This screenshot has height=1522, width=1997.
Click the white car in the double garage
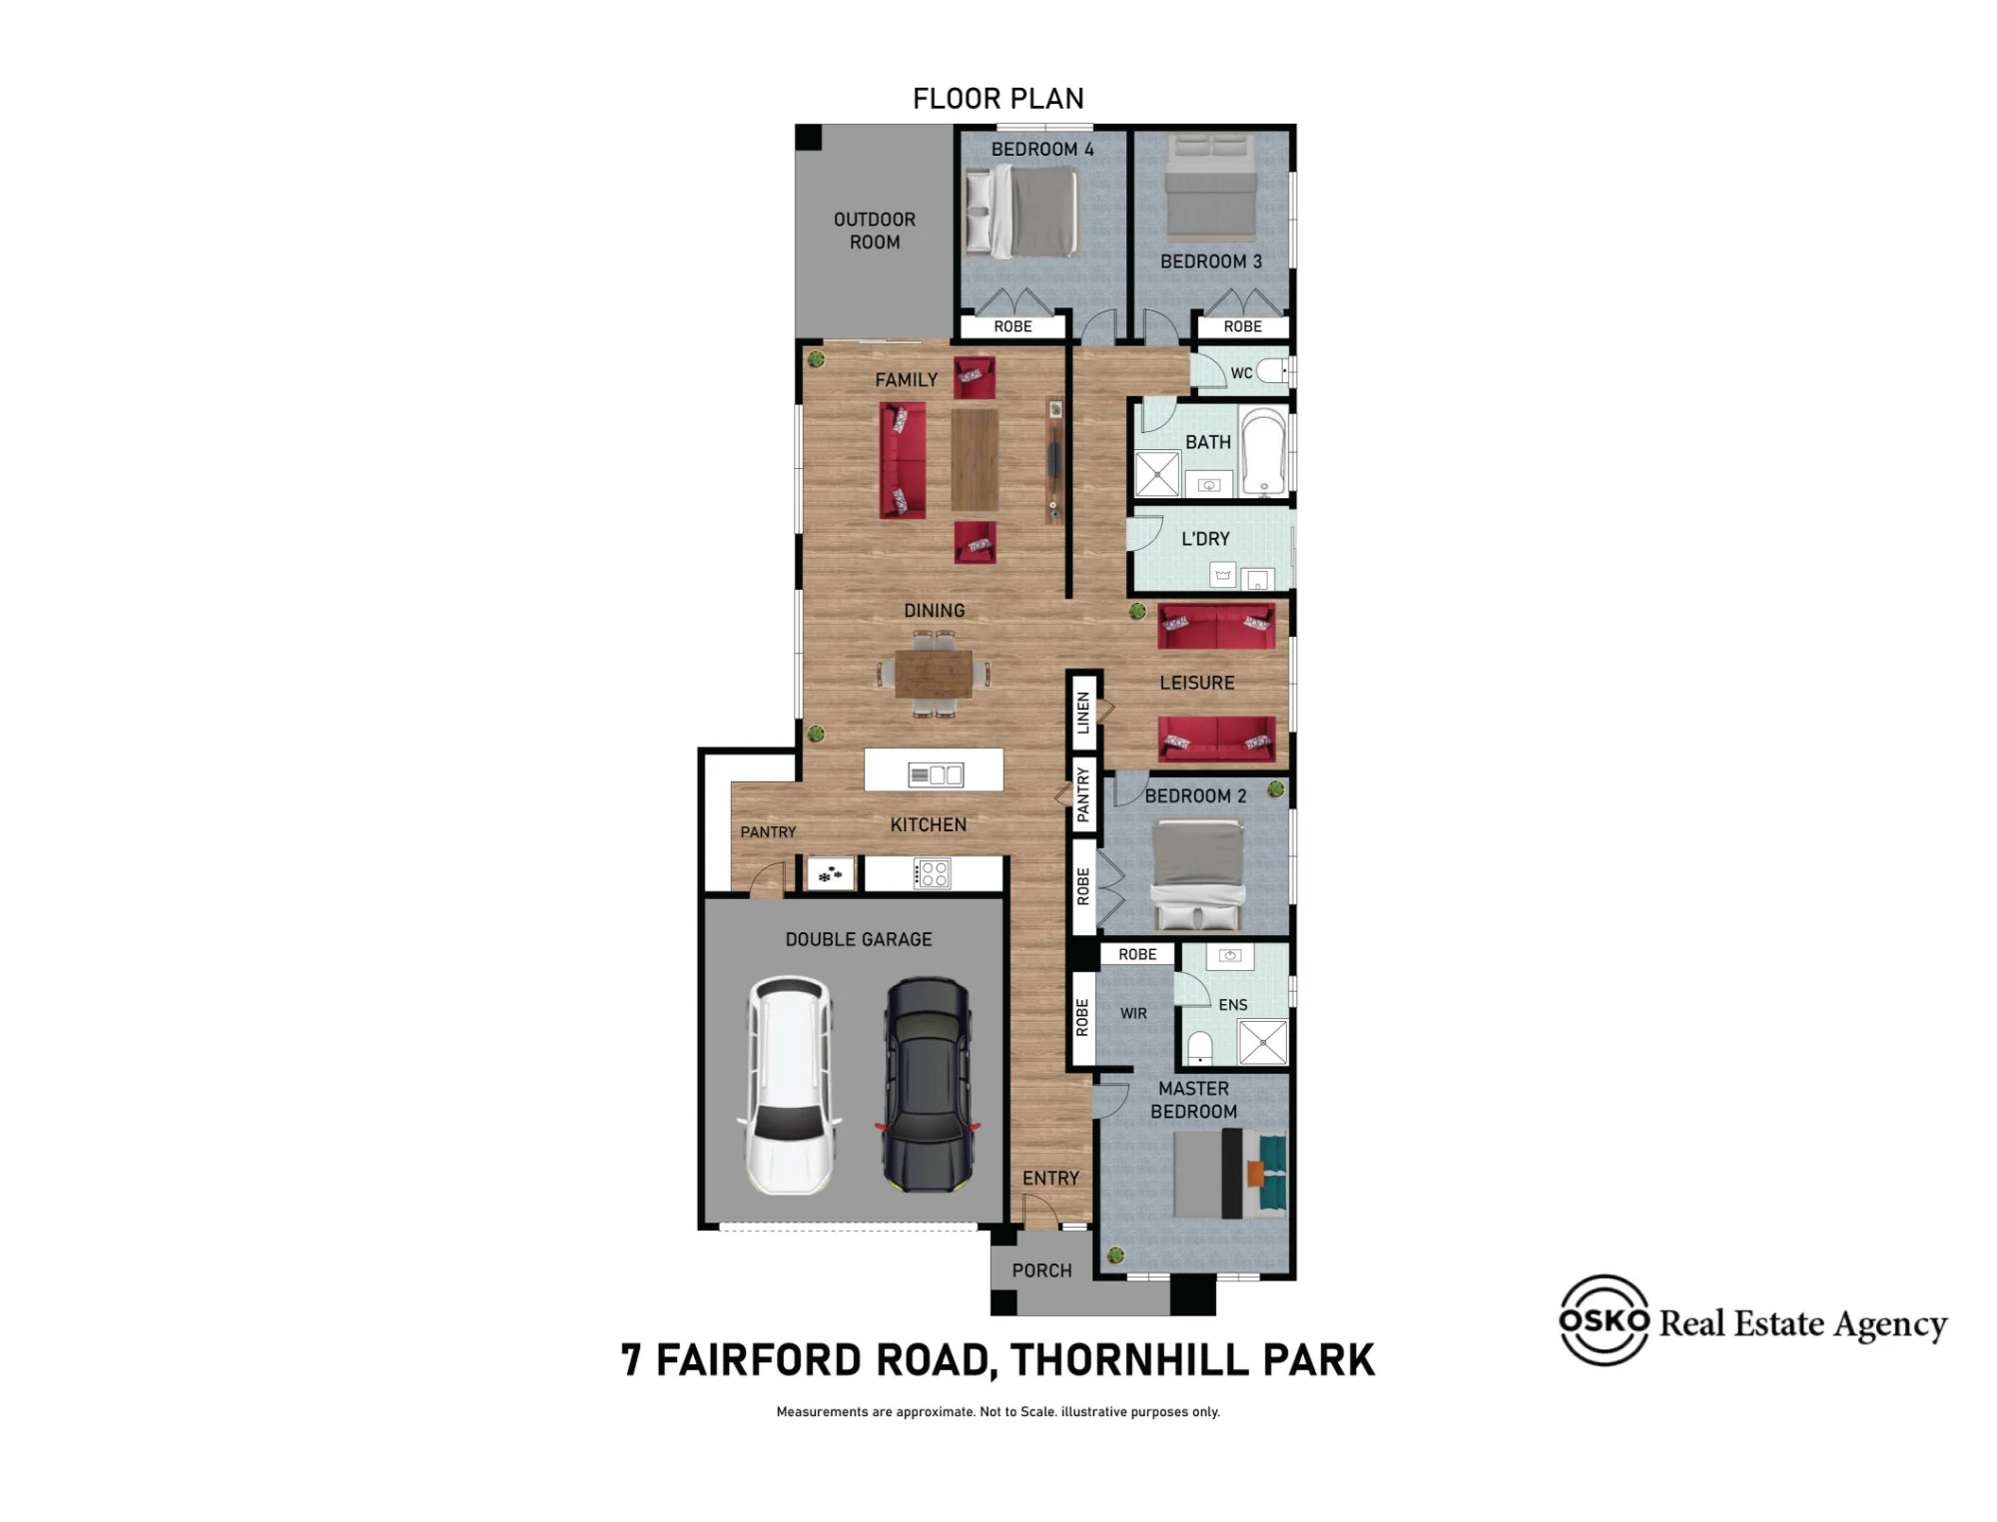(790, 1085)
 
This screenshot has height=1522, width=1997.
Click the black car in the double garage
(928, 1085)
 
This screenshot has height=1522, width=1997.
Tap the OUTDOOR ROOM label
(875, 231)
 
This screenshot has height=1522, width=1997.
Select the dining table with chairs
(934, 674)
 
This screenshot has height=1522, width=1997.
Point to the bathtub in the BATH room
(1263, 451)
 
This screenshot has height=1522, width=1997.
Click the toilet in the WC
(1273, 371)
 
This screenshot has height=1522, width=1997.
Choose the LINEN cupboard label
(1083, 713)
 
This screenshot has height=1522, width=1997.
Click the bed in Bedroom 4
(1020, 211)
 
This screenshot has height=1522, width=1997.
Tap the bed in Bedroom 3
(1210, 188)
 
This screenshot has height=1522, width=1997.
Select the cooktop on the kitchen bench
(933, 874)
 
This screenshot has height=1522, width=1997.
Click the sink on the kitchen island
(935, 774)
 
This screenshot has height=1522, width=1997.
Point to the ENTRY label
(1050, 1179)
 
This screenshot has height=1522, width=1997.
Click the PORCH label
(1041, 1270)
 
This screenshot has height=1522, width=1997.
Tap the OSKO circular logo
(1605, 1320)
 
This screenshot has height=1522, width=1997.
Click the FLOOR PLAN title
(998, 99)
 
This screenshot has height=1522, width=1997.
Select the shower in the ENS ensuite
(1263, 1042)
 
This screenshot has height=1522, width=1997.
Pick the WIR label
(1133, 1013)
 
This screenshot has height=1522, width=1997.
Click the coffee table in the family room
(975, 460)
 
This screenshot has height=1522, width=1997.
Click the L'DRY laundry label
(1205, 539)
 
